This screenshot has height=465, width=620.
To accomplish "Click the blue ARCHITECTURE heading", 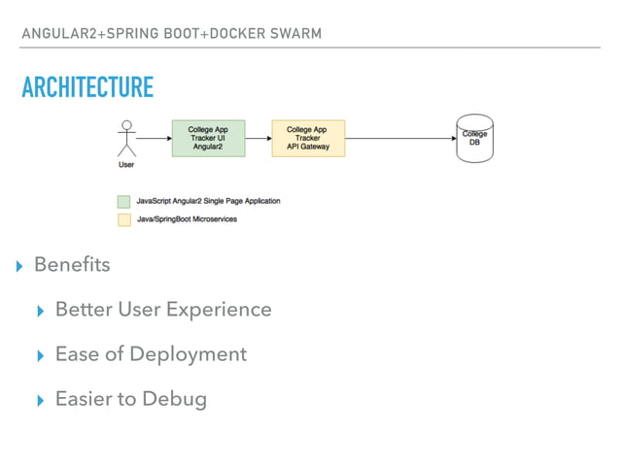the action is click(87, 86).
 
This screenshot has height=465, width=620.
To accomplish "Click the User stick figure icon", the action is click(126, 138).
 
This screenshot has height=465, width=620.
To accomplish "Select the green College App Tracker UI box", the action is click(208, 138).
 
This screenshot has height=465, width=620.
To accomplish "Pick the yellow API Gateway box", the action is click(308, 138).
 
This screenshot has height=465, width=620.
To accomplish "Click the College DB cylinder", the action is click(474, 138).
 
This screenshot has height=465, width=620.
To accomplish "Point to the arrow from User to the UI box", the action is click(155, 138).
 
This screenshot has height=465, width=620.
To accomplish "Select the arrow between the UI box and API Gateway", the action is click(258, 138).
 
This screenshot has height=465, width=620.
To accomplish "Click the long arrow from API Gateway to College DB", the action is click(401, 138).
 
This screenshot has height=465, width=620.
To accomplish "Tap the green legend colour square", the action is click(123, 202).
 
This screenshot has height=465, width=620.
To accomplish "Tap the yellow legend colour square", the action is click(124, 220).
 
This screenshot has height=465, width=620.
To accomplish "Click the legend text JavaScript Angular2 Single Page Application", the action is click(208, 201).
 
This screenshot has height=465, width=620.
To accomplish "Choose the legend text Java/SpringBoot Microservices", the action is click(187, 219).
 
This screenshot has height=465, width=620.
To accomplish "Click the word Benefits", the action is click(72, 264).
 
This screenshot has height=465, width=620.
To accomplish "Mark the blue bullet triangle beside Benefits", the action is click(19, 267).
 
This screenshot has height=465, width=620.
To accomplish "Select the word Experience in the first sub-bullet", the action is click(219, 310).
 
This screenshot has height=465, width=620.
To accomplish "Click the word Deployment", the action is click(189, 354).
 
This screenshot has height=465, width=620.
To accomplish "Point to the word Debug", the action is click(174, 399).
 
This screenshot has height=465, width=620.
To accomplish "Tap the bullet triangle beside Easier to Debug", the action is click(40, 401).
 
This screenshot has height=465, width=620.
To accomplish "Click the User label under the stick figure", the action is click(126, 165).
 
